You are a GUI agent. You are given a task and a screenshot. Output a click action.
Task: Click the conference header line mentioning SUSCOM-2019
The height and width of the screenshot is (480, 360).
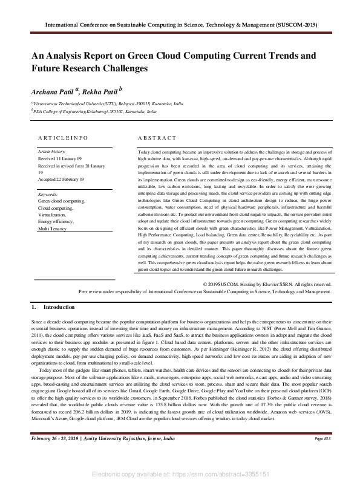point(180,25)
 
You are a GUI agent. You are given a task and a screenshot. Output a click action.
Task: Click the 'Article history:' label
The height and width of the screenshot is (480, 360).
point(52,151)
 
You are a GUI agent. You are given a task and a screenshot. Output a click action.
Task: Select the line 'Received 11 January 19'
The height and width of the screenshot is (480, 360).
point(59,158)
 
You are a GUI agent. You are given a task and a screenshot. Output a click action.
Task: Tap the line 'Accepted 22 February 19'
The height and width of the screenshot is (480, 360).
point(61,180)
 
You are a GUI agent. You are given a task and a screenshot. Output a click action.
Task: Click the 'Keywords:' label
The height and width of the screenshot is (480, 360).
point(48,194)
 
